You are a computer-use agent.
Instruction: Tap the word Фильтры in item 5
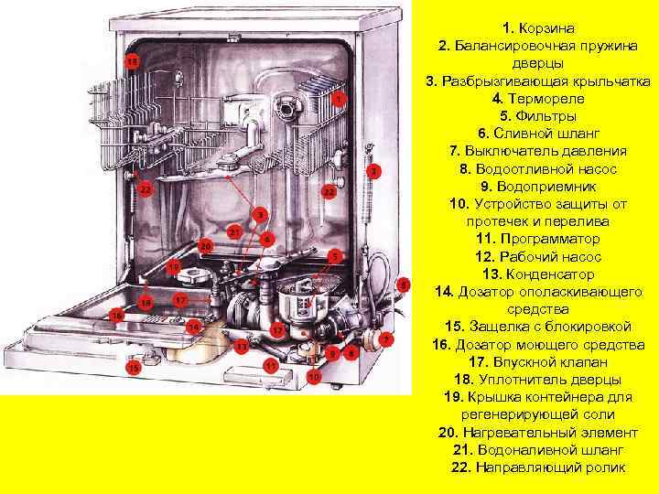[x=546, y=116]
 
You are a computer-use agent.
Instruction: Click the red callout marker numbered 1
[x=340, y=98]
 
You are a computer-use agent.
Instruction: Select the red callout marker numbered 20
[x=206, y=247]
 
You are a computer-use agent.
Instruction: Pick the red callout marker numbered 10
[x=313, y=376]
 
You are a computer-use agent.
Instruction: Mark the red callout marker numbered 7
[x=387, y=338]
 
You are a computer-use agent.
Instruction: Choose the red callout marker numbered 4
[x=265, y=238]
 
